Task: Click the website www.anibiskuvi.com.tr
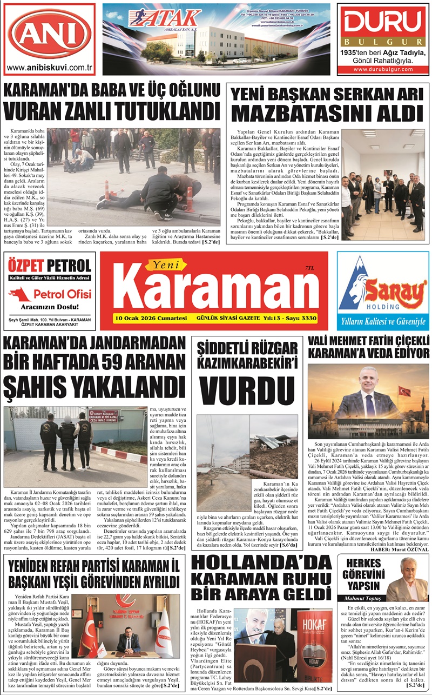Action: point(49,68)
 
